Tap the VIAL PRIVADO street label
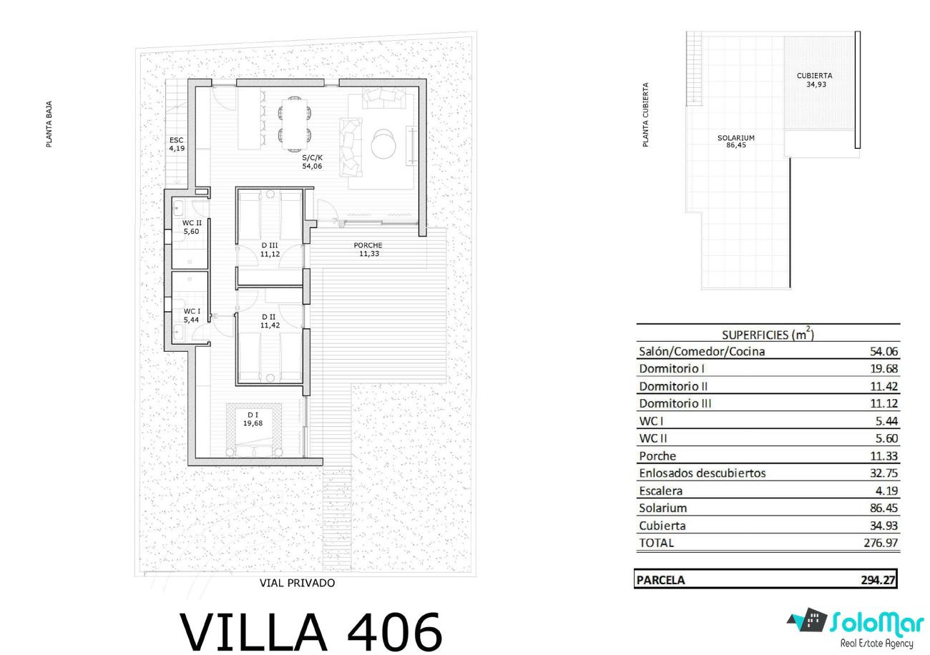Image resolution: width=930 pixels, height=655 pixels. tap(298, 583)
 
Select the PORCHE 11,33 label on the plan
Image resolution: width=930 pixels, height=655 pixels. tap(368, 250)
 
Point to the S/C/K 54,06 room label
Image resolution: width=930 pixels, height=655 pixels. tap(312, 162)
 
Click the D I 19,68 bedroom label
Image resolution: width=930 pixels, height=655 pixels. tap(253, 419)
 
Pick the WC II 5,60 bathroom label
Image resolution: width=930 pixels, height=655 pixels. tap(192, 227)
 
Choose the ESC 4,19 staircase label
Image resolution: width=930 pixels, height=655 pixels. tap(177, 144)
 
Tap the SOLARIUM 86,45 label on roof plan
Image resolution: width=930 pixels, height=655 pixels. tap(736, 141)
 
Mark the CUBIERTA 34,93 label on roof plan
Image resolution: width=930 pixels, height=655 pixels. tap(815, 80)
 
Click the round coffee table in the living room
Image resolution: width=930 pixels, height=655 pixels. tap(383, 144)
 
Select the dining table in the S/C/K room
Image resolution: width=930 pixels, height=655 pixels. tap(295, 123)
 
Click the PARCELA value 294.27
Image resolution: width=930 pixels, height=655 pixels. tap(878, 580)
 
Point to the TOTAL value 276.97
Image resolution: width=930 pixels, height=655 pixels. tap(881, 543)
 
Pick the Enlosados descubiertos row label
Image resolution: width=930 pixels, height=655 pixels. tap(702, 473)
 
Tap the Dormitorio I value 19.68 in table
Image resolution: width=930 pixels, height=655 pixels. tap(884, 368)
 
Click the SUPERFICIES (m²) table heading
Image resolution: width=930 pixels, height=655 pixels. tap(768, 334)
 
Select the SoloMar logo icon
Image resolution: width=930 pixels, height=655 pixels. tap(805, 620)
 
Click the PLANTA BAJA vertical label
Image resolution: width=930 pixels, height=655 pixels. tap(49, 124)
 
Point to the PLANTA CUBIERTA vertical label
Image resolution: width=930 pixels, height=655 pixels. tap(645, 114)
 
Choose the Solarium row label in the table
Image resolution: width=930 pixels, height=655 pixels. tap(662, 508)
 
